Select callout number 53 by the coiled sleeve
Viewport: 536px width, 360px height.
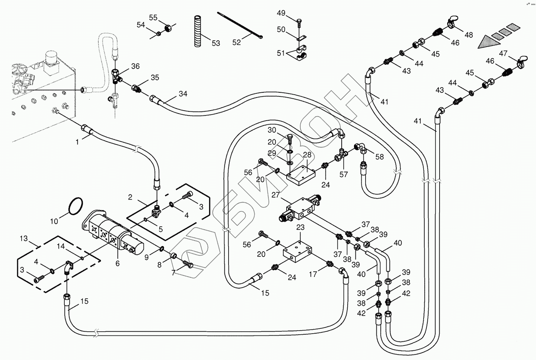click(x=216, y=43)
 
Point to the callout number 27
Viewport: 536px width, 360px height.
click(x=275, y=195)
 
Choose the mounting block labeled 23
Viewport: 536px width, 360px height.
click(x=298, y=252)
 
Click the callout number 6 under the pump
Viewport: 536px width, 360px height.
click(x=118, y=263)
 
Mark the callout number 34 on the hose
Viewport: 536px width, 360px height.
click(x=183, y=94)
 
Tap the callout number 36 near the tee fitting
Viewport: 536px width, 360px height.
click(x=135, y=66)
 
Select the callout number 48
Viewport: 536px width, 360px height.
click(x=469, y=35)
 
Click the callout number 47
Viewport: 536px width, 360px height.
click(x=503, y=54)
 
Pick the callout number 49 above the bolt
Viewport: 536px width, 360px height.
click(x=281, y=13)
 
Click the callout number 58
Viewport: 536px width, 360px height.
click(x=379, y=157)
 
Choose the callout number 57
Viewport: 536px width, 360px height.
click(x=344, y=174)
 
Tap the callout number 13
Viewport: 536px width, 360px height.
click(x=24, y=238)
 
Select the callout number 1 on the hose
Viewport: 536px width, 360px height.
click(x=77, y=142)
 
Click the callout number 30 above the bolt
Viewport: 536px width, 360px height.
click(x=272, y=130)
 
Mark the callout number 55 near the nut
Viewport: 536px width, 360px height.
click(x=153, y=17)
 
